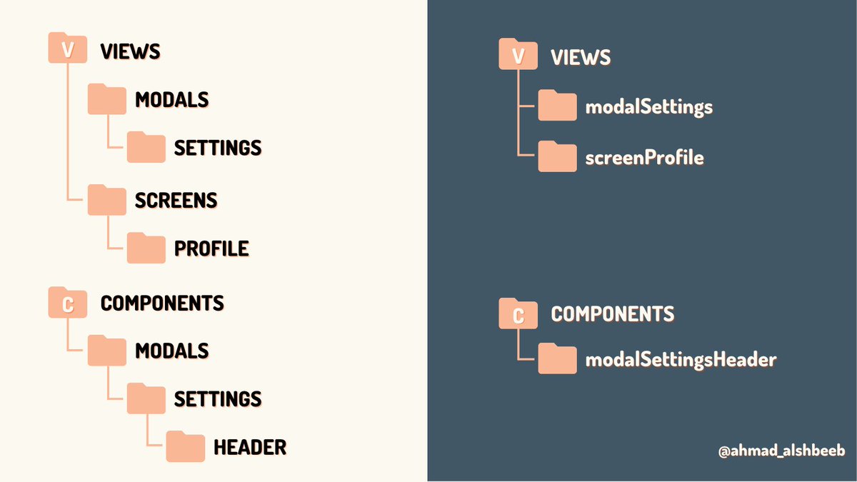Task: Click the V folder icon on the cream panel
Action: [67, 49]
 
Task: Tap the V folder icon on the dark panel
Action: [518, 56]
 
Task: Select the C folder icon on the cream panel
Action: [67, 303]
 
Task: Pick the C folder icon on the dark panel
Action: [518, 313]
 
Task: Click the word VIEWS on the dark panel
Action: [581, 58]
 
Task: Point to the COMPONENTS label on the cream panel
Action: [162, 303]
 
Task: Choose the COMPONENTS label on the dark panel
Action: [613, 313]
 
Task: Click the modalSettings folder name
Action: [649, 107]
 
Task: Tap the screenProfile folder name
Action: [645, 157]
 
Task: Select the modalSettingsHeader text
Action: [681, 360]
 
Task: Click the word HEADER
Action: [250, 448]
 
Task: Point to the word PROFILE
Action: [211, 248]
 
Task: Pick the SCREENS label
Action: [176, 201]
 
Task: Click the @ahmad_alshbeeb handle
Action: [781, 452]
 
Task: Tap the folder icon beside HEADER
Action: [186, 446]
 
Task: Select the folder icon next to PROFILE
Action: [146, 248]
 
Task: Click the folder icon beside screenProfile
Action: [557, 157]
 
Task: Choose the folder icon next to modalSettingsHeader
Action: [557, 359]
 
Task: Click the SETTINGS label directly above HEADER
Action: [218, 398]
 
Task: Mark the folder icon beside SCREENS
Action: [106, 200]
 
